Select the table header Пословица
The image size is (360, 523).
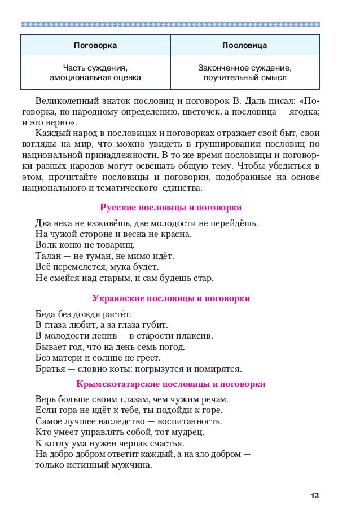pyautogui.click(x=244, y=45)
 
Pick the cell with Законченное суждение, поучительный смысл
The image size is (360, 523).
pyautogui.click(x=244, y=72)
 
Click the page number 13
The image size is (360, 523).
pyautogui.click(x=315, y=496)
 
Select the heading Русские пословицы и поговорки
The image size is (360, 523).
pyautogui.click(x=170, y=208)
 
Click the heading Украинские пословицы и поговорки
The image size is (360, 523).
pyautogui.click(x=170, y=298)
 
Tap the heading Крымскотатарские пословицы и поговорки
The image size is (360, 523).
pyautogui.click(x=170, y=384)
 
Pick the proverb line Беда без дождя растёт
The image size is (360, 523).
pyautogui.click(x=82, y=314)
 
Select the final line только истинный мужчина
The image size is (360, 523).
pyautogui.click(x=93, y=465)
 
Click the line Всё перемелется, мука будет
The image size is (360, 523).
pyautogui.click(x=96, y=266)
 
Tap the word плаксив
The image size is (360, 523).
pyautogui.click(x=196, y=336)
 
